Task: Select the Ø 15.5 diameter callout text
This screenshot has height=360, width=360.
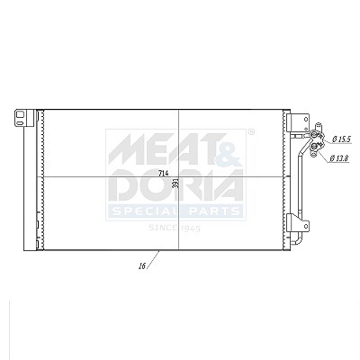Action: [x=341, y=139]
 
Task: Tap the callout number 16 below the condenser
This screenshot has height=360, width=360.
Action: [x=142, y=265]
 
